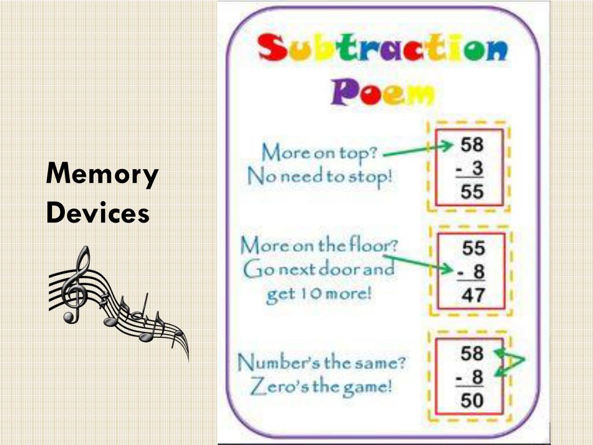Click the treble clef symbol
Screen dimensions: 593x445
[x=75, y=284]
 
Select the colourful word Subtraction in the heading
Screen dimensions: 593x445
[x=382, y=50]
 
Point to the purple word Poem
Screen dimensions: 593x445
[x=382, y=92]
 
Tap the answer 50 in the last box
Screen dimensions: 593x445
[x=472, y=400]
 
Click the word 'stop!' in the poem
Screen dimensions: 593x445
[x=370, y=176]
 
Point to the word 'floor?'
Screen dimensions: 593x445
[x=374, y=245]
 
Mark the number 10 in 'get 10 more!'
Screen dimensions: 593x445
[x=307, y=294]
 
